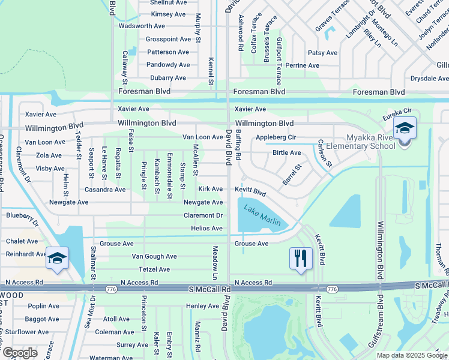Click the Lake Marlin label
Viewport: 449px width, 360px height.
pyautogui.click(x=262, y=217)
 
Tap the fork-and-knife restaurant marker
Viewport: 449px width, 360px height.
pyautogui.click(x=299, y=259)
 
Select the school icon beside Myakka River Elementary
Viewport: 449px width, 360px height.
pyautogui.click(x=405, y=129)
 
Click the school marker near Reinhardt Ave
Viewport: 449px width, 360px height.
pyautogui.click(x=57, y=259)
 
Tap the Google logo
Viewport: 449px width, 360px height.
pyautogui.click(x=20, y=353)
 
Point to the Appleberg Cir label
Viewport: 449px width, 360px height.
pyautogui.click(x=276, y=137)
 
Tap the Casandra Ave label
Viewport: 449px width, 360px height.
pyautogui.click(x=105, y=190)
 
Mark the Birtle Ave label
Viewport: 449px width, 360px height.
pyautogui.click(x=286, y=153)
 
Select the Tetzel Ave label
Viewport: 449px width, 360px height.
pyautogui.click(x=154, y=269)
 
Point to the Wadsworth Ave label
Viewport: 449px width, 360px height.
pyautogui.click(x=142, y=26)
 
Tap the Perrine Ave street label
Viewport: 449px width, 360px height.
pyautogui.click(x=303, y=65)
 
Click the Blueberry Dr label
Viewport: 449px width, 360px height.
pyautogui.click(x=22, y=216)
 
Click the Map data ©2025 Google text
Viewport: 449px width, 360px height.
pyautogui.click(x=412, y=355)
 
